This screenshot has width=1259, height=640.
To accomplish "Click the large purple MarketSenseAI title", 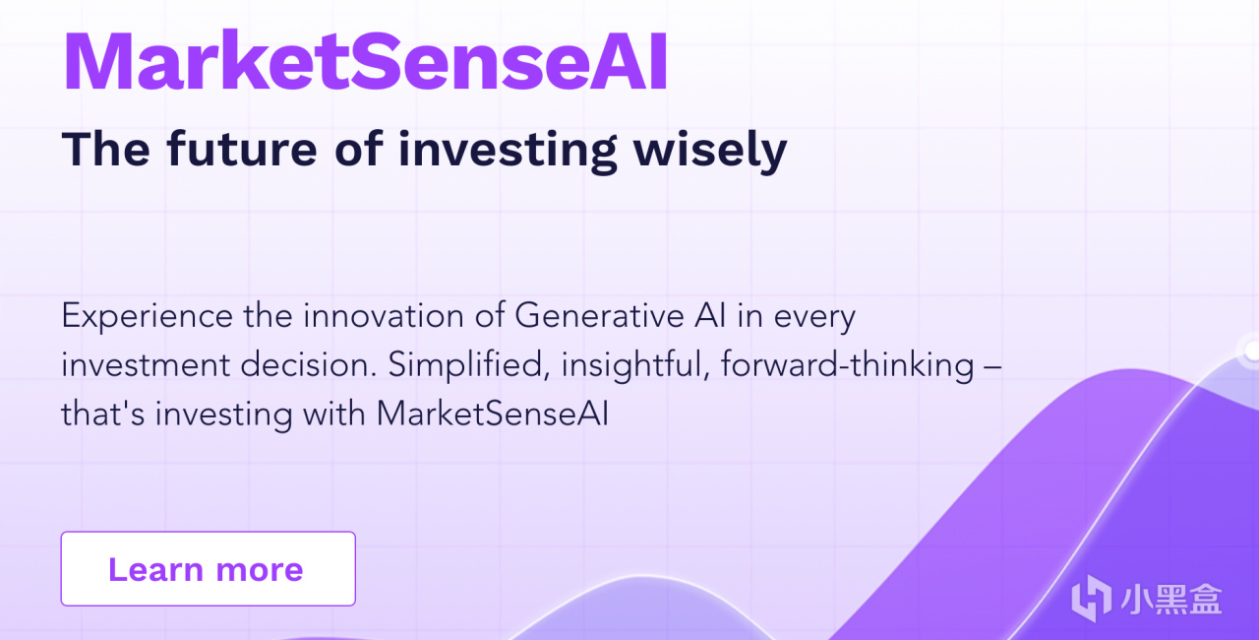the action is (365, 61).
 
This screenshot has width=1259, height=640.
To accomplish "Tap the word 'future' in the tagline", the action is (242, 149).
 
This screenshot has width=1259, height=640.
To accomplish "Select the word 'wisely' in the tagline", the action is (710, 152).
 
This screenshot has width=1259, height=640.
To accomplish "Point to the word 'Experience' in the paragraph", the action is (147, 317).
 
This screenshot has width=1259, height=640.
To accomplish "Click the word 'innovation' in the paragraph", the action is (384, 316).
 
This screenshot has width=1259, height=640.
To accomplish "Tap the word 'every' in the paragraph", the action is (815, 319).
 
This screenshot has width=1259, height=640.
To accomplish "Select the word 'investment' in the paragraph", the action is (146, 364).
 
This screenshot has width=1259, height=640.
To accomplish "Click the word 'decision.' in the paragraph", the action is (309, 364).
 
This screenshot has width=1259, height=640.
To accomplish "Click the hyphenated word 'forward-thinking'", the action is (848, 366).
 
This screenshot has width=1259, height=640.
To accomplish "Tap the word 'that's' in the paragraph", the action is (103, 414).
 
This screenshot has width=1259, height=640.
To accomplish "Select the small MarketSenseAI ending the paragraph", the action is (493, 414).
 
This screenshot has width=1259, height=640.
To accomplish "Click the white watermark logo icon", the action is (1091, 599).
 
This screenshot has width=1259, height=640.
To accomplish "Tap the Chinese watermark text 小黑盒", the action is (1171, 599).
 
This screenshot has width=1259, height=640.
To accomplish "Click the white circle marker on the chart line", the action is (1252, 351).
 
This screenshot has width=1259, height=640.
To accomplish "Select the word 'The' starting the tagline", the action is (106, 149).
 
